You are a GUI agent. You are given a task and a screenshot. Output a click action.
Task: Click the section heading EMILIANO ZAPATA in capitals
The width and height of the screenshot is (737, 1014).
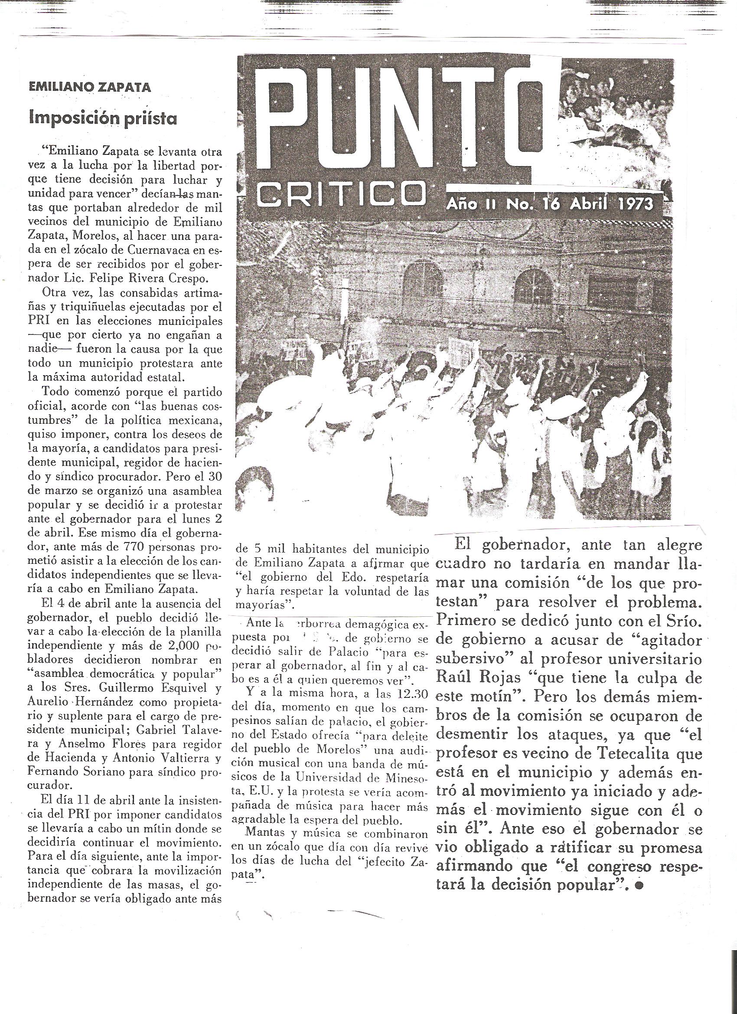[89, 87]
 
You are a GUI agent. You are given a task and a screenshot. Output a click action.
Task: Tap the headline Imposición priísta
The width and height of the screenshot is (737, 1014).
[103, 118]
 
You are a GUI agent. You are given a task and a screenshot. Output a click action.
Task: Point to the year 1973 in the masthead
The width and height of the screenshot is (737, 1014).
[629, 204]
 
